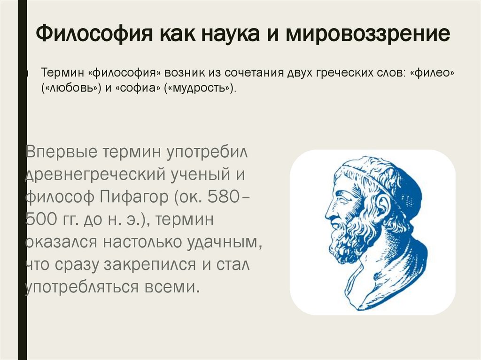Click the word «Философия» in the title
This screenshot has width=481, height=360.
point(94,36)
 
